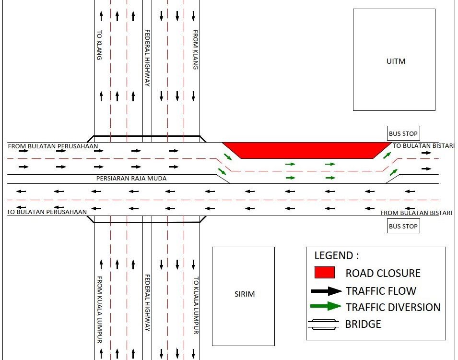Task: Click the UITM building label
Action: point(396,61)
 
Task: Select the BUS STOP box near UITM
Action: point(403,133)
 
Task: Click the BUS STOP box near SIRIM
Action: point(403,226)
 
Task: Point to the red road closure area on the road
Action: point(307,150)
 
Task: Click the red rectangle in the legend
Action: point(324,273)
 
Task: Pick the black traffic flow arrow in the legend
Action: point(326,291)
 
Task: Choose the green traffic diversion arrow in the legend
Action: point(326,306)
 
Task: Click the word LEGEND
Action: point(336,255)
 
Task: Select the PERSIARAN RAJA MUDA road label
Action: point(132,178)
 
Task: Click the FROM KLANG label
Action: point(196,50)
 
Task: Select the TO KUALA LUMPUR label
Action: point(196,305)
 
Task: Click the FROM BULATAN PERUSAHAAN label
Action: point(53,146)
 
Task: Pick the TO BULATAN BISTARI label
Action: point(423,145)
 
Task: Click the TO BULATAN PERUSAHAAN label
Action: point(47,212)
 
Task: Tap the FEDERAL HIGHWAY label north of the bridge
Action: point(148,58)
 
